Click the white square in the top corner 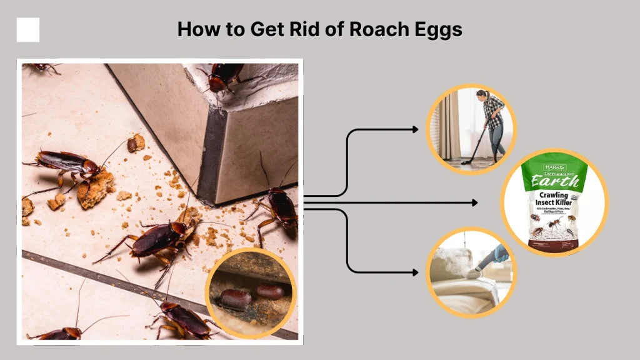click(x=28, y=29)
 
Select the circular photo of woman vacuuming click(x=471, y=129)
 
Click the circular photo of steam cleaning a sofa click(x=471, y=272)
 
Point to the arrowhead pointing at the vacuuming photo click(x=416, y=129)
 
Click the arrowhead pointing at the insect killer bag click(x=475, y=202)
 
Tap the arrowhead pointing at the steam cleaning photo click(x=416, y=272)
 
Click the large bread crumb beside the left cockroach click(x=96, y=189)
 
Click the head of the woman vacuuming click(x=482, y=94)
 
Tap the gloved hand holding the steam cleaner click(x=499, y=253)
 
